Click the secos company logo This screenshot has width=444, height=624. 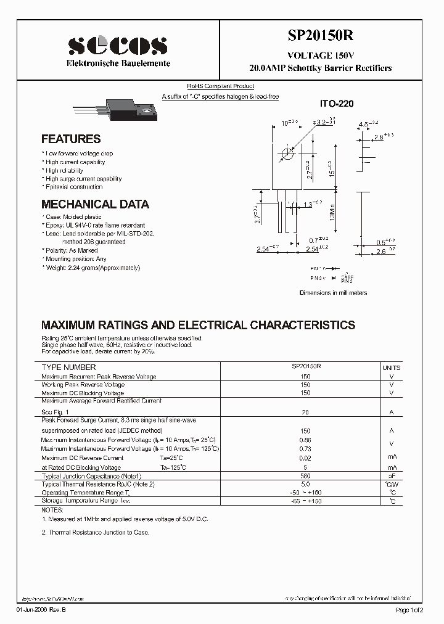click(117, 46)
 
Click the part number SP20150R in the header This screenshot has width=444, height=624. click(321, 36)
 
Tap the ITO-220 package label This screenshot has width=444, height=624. click(337, 105)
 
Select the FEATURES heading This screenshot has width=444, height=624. click(71, 139)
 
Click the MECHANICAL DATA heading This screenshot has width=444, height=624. click(95, 204)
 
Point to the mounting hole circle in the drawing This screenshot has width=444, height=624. click(287, 153)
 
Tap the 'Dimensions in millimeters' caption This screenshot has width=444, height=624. click(333, 292)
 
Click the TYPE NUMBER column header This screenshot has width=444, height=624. click(68, 367)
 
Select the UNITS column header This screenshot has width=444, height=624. click(392, 367)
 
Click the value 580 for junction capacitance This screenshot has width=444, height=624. click(305, 476)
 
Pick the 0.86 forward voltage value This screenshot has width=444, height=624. click(305, 440)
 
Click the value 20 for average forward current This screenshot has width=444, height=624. click(305, 412)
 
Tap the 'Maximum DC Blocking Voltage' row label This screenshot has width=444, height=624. click(83, 393)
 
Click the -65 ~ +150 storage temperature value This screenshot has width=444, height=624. click(305, 501)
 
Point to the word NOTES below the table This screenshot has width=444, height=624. click(52, 511)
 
